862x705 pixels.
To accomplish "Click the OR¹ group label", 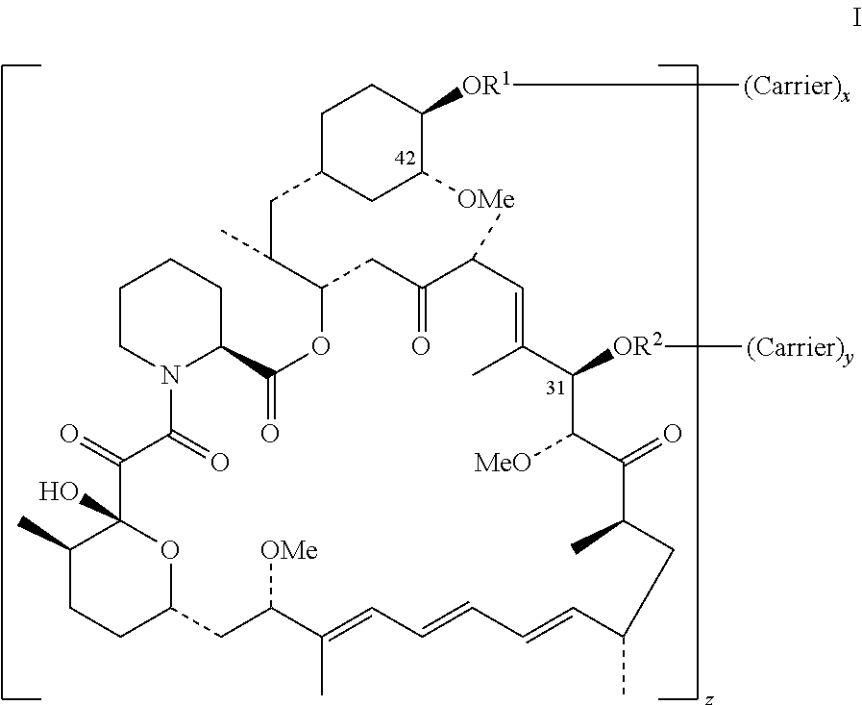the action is [x=488, y=86].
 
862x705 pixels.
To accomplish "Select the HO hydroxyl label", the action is [x=59, y=492].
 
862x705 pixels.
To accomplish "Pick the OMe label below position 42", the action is [x=486, y=200].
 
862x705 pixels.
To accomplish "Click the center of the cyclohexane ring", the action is [x=370, y=144].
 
